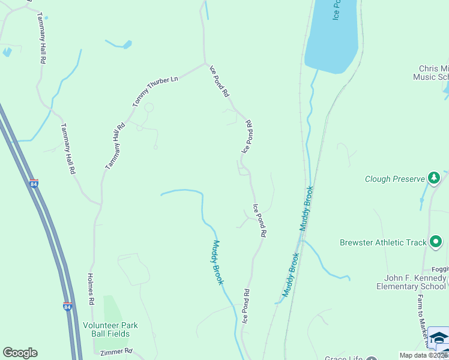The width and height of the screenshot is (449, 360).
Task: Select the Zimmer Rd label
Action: click(x=120, y=352)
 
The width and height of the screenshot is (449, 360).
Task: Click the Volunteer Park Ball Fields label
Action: click(x=110, y=329)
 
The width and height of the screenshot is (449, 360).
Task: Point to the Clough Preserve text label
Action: click(x=394, y=179)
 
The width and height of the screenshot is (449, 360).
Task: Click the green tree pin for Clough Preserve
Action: click(x=434, y=178)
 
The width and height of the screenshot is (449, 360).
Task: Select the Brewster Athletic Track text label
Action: click(x=383, y=242)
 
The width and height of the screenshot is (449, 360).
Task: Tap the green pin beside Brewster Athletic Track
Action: click(x=436, y=242)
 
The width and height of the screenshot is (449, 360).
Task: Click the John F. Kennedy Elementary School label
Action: click(x=415, y=282)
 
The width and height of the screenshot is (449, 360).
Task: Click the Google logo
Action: click(x=20, y=353)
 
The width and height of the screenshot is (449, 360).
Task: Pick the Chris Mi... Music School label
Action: click(x=430, y=73)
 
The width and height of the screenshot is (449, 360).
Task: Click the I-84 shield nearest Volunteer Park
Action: click(x=67, y=307)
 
